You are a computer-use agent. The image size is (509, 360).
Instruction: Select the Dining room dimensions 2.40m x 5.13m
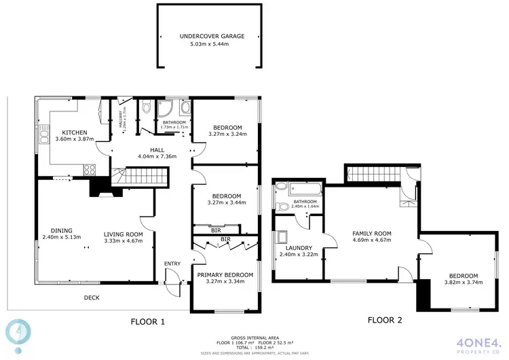pos(61,237)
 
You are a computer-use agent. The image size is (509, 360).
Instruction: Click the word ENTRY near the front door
pos(172,264)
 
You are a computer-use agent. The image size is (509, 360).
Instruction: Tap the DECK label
pos(92,298)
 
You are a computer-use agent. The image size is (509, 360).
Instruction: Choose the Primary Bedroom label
pos(225,275)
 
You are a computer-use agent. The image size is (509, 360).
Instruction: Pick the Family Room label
pos(372,233)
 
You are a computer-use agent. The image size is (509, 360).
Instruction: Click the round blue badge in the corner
pos(18,330)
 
